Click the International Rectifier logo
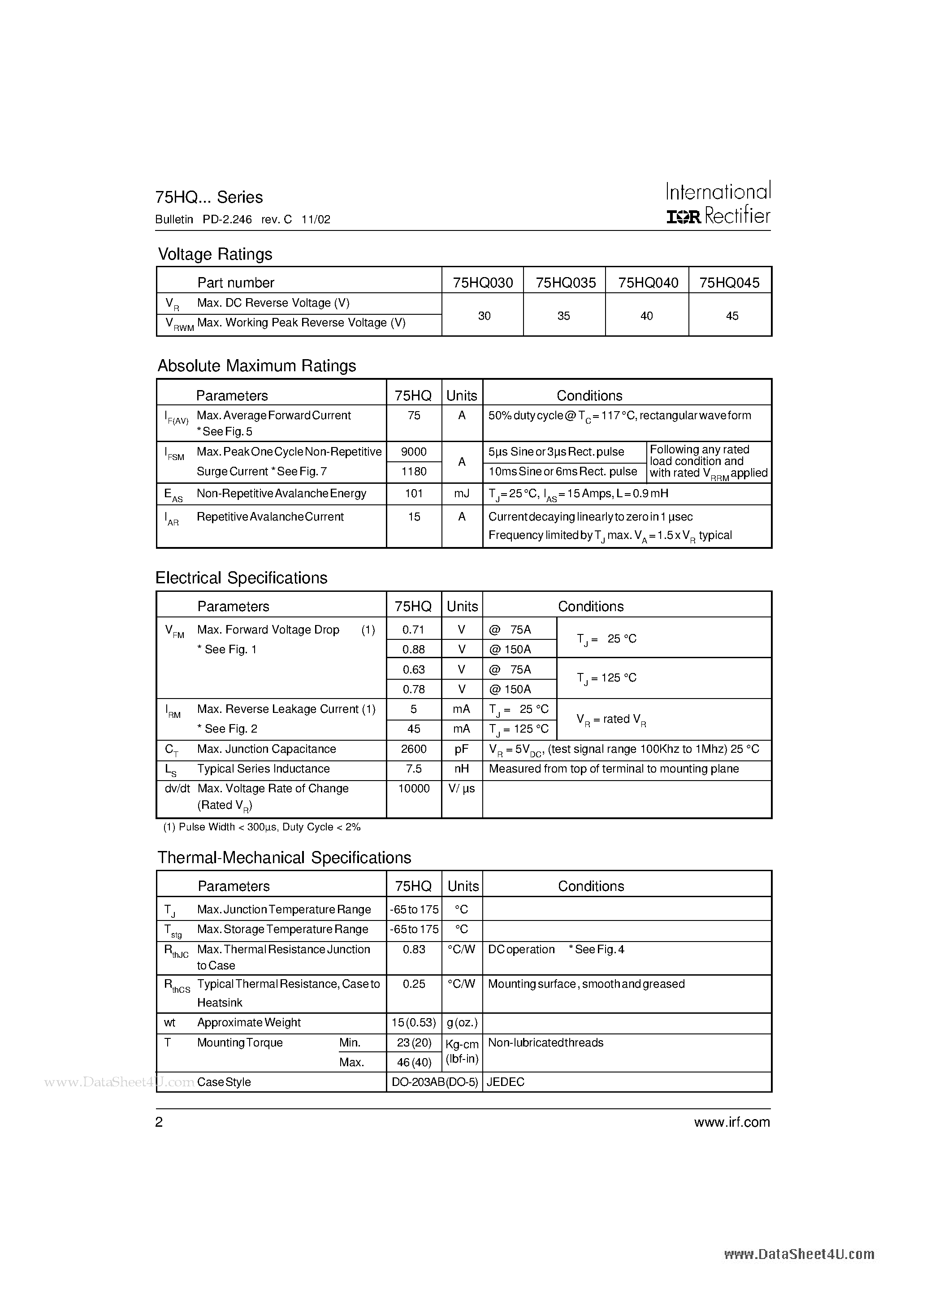pos(718,203)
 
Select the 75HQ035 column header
pos(565,282)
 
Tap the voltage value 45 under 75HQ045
pos(732,316)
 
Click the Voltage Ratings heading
pos(215,254)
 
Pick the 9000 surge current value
pos(413,451)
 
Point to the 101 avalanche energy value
pos(413,493)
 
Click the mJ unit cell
pos(462,493)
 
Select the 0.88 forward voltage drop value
pos(413,649)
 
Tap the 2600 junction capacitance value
pos(413,749)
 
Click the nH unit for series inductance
pos(462,769)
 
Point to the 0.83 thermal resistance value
pos(413,949)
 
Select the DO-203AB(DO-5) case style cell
pos(434,1082)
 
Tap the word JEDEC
pos(506,1082)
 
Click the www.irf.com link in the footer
pos(732,1122)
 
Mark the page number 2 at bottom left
pos(159,1122)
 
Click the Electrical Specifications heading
pos(242,578)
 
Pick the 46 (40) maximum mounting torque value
pos(413,1062)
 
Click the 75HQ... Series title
pos(209,197)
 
